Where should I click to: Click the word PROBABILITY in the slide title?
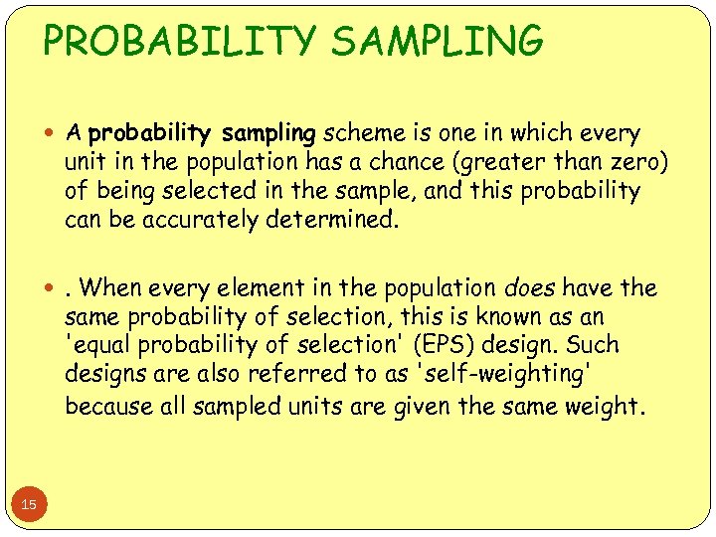(180, 42)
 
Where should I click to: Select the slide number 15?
(29, 505)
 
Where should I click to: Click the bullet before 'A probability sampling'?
(52, 133)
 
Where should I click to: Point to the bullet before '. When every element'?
(52, 289)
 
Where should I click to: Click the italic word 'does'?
(530, 288)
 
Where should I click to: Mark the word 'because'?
(107, 405)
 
